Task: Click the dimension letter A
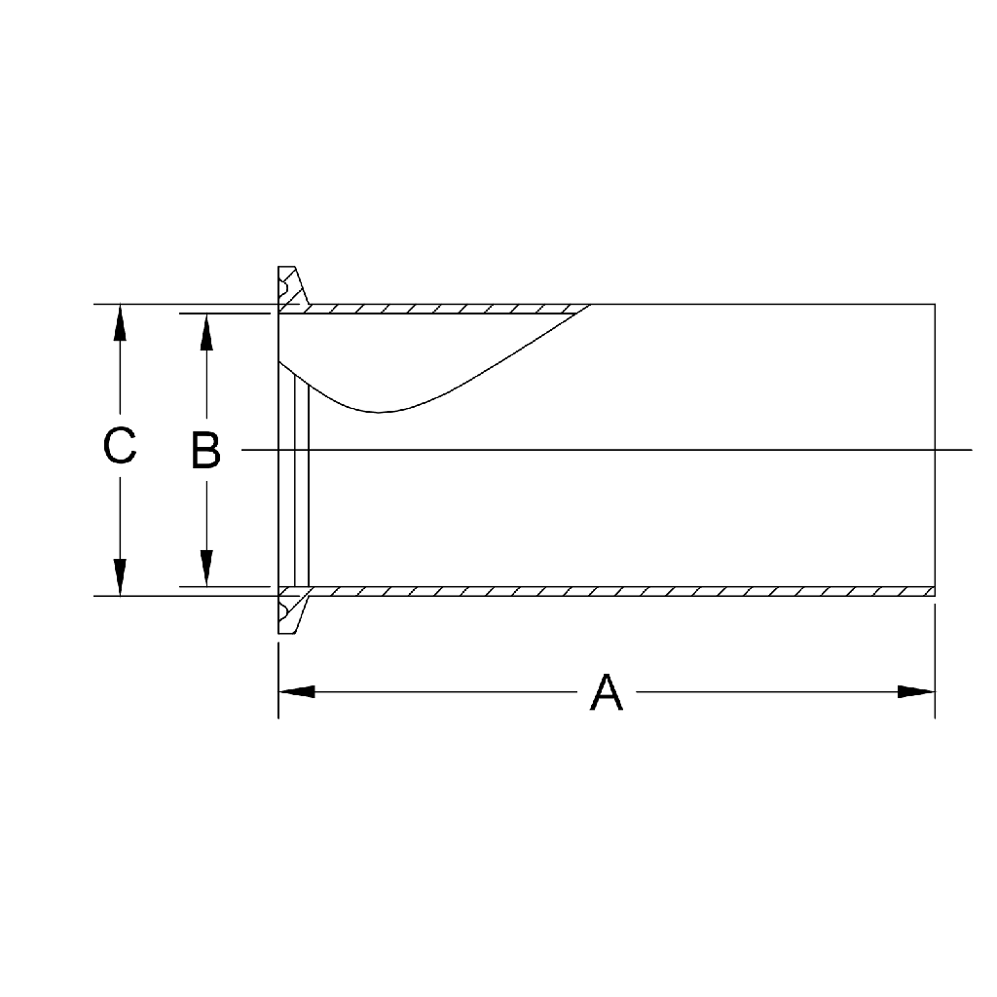(x=606, y=692)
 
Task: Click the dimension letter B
(x=205, y=451)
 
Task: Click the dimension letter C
(x=120, y=447)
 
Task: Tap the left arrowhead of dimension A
(x=297, y=692)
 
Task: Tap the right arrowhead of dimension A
(x=916, y=692)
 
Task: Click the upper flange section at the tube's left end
(x=288, y=288)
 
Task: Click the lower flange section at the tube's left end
(x=288, y=612)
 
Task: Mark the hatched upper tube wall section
(x=438, y=309)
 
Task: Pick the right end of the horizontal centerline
(x=970, y=450)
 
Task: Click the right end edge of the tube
(x=935, y=448)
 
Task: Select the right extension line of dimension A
(x=935, y=662)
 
